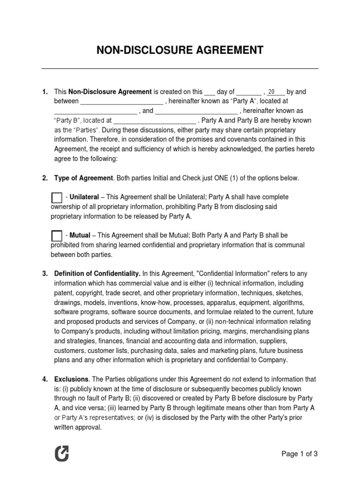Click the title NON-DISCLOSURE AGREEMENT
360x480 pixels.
pos(180,50)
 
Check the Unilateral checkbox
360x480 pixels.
pos(56,198)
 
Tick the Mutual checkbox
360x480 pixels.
pos(56,236)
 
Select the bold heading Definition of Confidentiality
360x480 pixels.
pos(97,273)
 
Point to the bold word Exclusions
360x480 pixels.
pos(71,379)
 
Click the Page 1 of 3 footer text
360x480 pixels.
pos(300,453)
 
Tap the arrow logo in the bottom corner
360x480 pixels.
pos(61,453)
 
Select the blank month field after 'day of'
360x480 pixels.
pos(248,93)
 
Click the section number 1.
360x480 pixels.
pos(45,92)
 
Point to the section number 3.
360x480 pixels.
pos(45,273)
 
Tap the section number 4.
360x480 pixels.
pos(45,379)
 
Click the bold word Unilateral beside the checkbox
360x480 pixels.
pos(84,197)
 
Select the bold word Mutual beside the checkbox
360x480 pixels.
pos(80,235)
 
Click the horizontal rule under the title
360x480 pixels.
pos(180,69)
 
